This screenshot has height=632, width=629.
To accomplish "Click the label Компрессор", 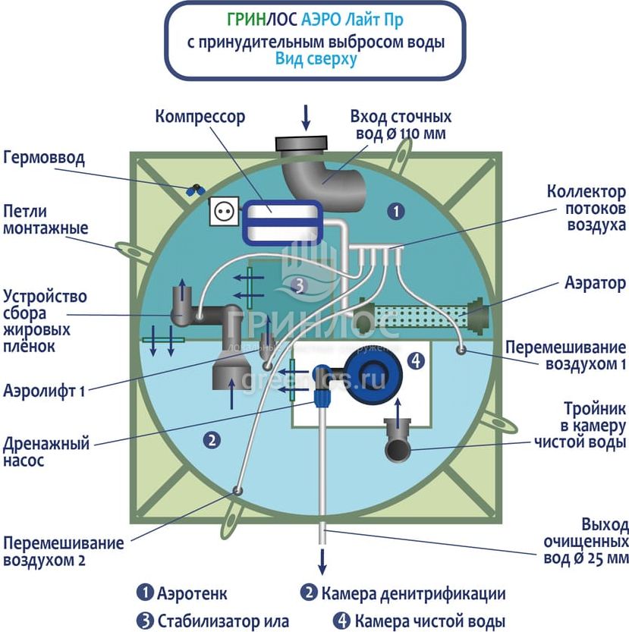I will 200,117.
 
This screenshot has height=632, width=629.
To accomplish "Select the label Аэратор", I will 595,283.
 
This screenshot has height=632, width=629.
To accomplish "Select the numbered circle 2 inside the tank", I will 212,439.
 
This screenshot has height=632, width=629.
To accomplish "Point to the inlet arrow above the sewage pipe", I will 307,116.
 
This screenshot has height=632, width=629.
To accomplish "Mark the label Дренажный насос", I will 46,450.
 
